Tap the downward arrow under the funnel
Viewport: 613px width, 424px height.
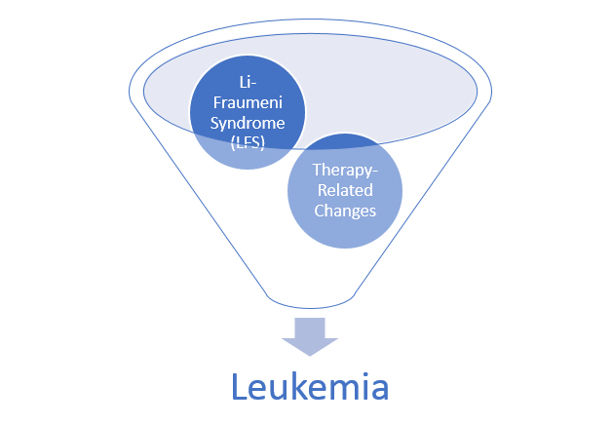[x=310, y=334]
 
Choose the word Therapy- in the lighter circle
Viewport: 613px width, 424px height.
[x=344, y=171]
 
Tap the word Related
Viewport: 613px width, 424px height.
[x=344, y=189]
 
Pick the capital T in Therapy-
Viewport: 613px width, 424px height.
[x=316, y=171]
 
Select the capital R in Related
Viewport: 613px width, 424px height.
[x=323, y=189]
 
